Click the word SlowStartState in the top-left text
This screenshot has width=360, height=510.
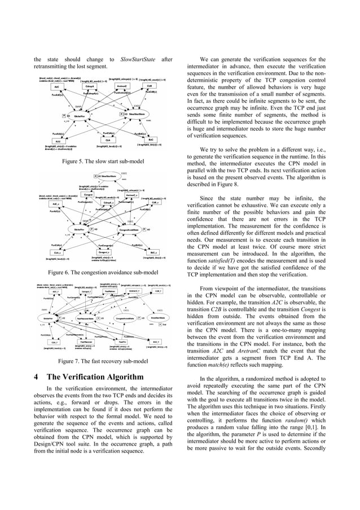coord(128,59)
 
